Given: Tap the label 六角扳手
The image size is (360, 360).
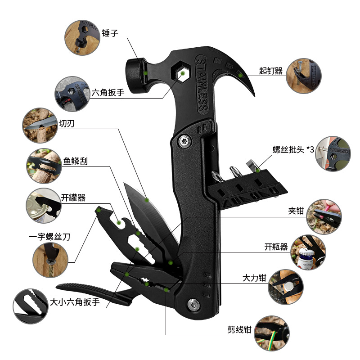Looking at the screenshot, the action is point(108,93).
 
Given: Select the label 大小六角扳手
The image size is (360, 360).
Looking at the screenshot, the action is point(74,302).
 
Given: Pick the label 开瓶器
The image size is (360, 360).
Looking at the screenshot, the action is point(276,247).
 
